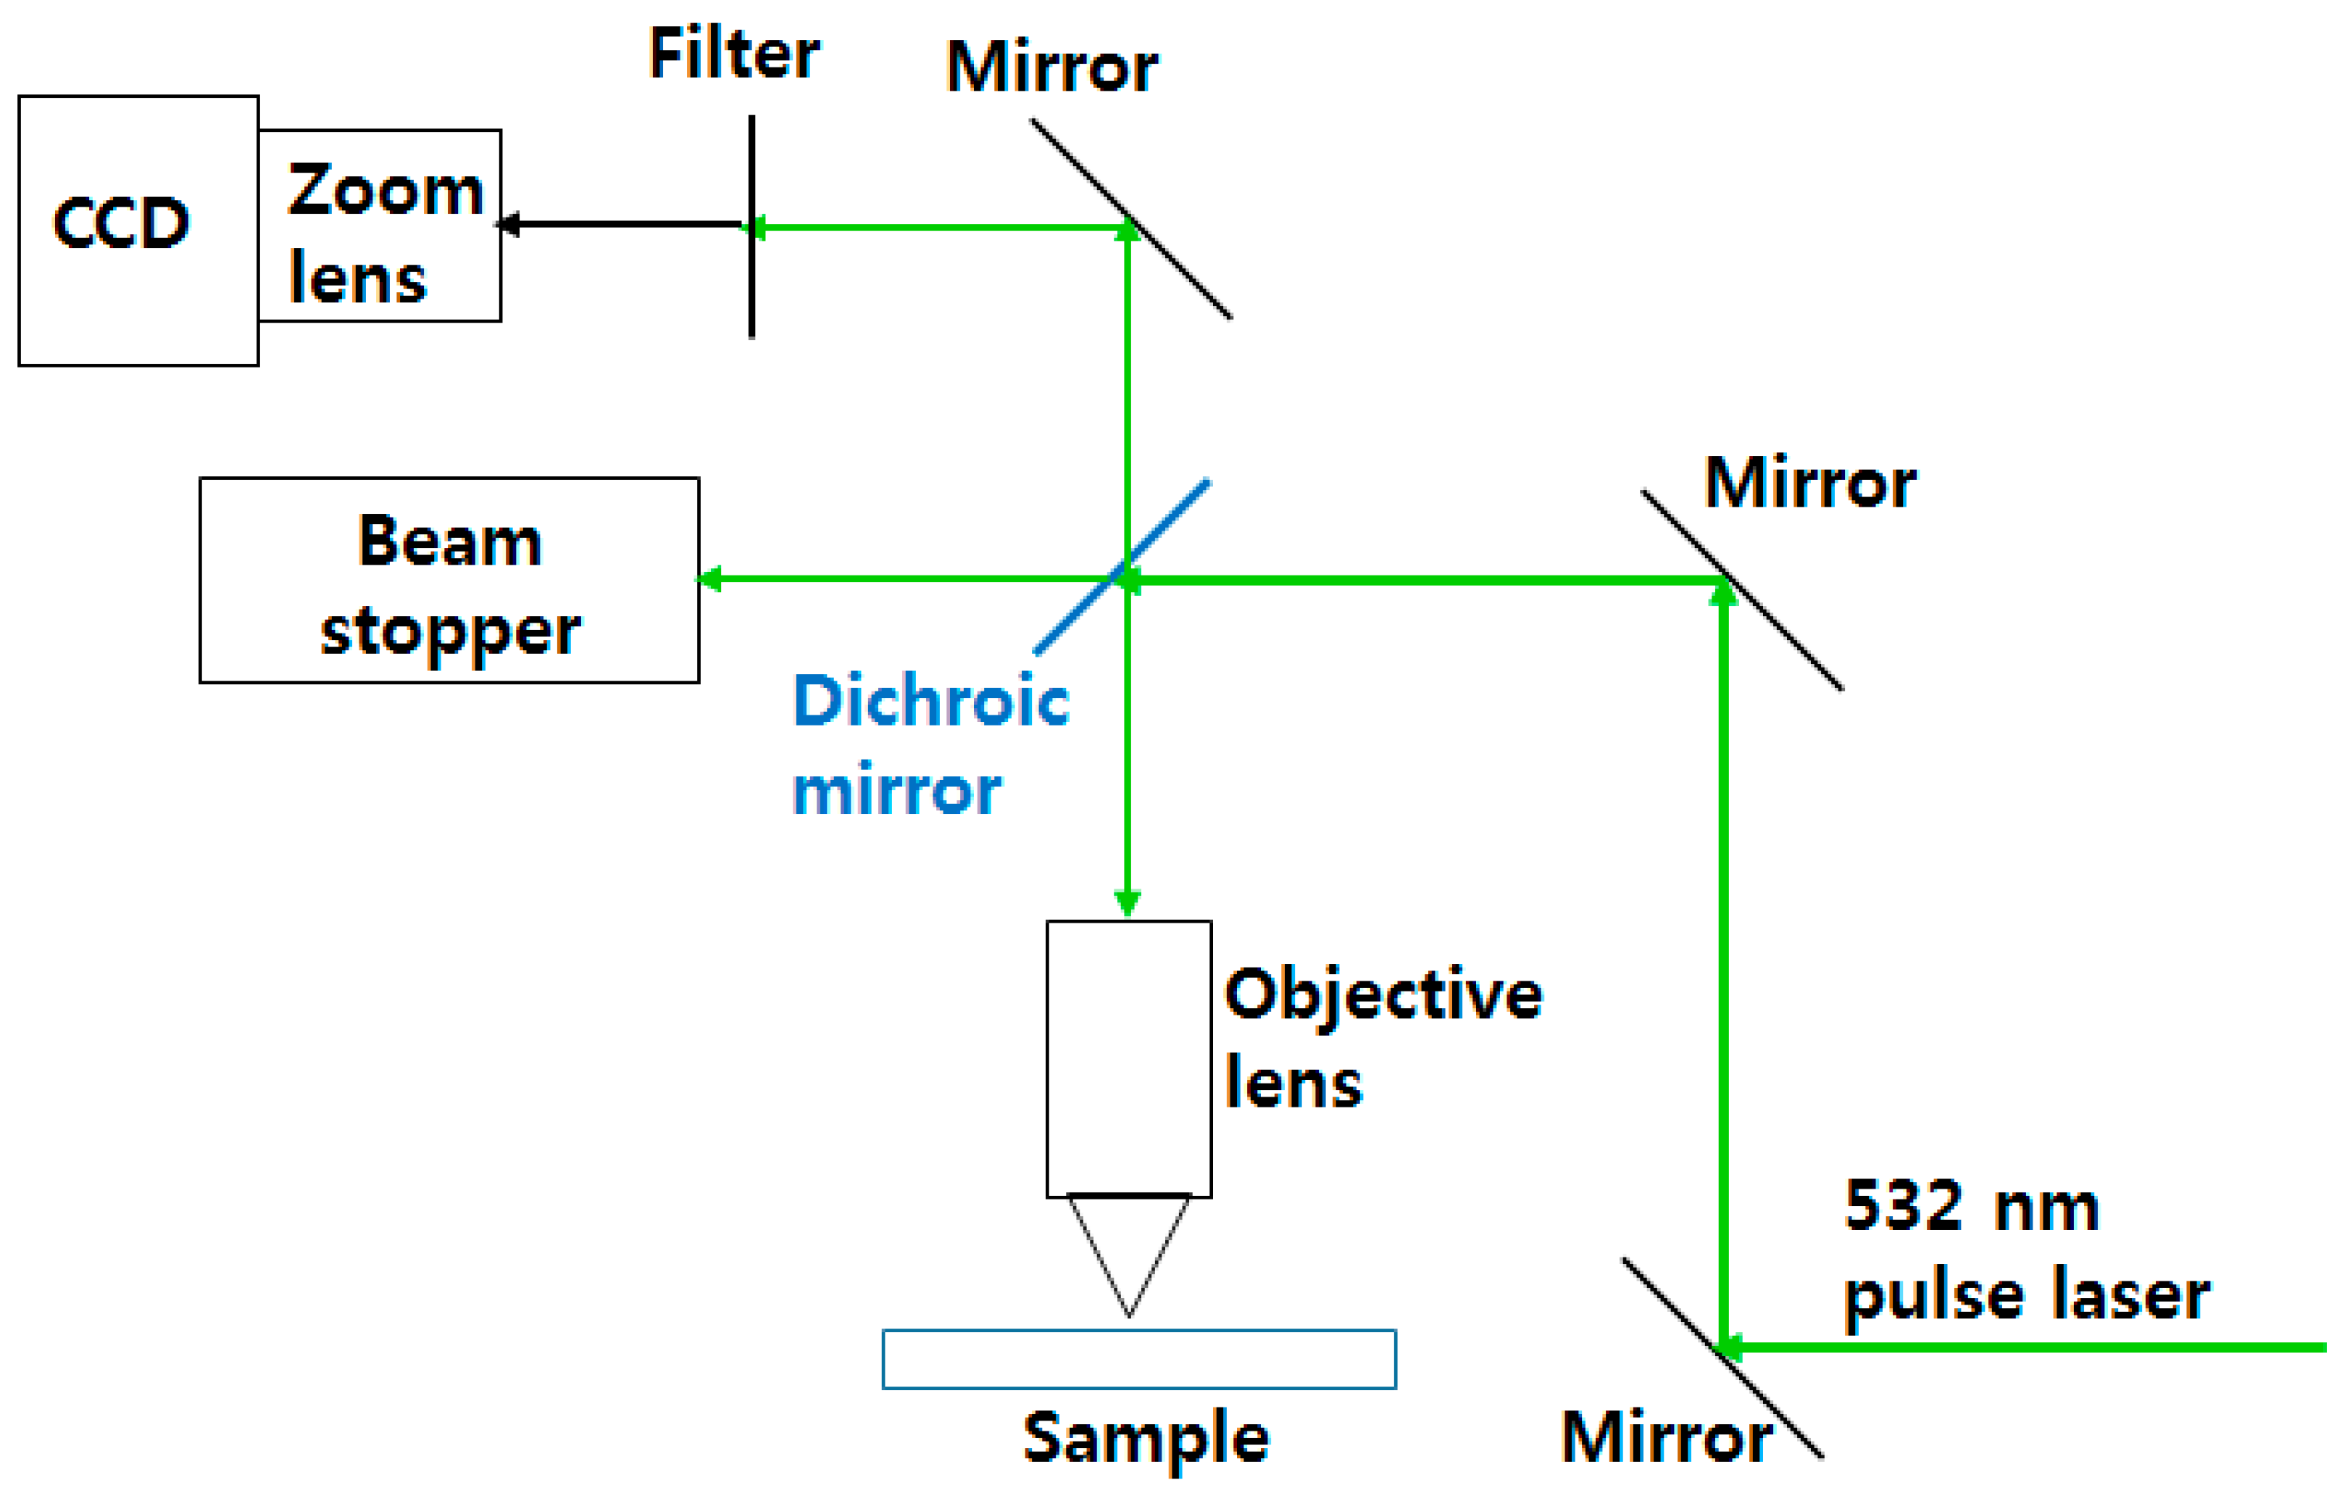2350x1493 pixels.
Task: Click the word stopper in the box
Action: tap(450, 632)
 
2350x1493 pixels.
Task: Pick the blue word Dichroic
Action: tap(931, 701)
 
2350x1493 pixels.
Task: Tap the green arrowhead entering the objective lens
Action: tap(1128, 902)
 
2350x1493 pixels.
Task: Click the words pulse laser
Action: tap(2026, 1296)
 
